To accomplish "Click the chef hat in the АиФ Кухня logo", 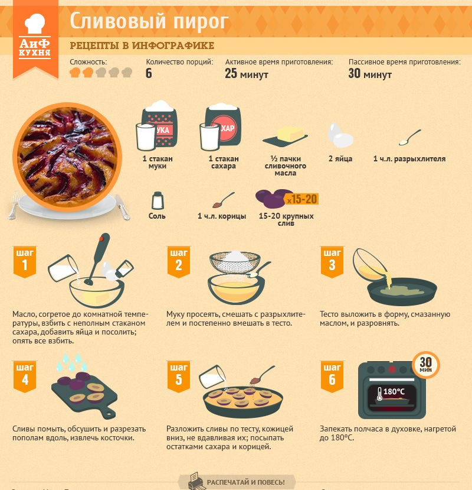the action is click(x=35, y=24).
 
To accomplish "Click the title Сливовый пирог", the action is click(x=149, y=21).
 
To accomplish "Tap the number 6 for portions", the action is click(x=149, y=73).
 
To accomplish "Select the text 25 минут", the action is click(x=247, y=74).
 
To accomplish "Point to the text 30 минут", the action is click(x=370, y=74).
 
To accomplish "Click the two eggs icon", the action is click(x=340, y=135).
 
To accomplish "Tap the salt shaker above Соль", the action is click(x=158, y=200).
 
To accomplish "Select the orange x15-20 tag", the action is click(x=301, y=199).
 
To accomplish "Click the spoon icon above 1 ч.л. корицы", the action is click(x=224, y=200).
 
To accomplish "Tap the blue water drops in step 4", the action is click(x=71, y=362).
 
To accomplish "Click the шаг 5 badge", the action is click(x=178, y=377).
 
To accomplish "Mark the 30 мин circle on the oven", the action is click(x=426, y=365).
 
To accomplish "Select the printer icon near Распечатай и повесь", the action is click(x=194, y=481).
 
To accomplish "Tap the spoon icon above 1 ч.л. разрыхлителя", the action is click(x=410, y=138).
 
